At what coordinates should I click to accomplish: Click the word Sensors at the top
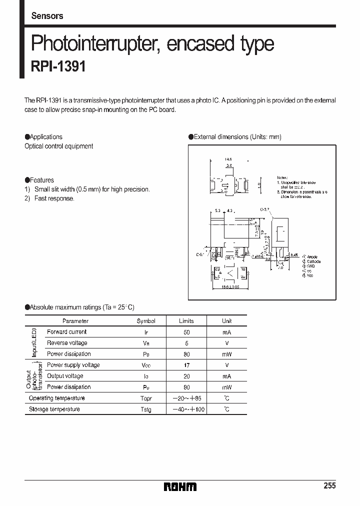click(x=47, y=16)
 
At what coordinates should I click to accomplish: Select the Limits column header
click(x=186, y=321)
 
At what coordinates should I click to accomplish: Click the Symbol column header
click(x=146, y=321)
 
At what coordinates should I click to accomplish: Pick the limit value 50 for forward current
click(x=186, y=332)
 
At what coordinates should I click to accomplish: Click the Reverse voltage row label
click(x=67, y=343)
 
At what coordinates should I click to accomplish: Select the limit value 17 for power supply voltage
click(x=186, y=365)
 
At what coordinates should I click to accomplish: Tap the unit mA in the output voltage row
click(x=227, y=376)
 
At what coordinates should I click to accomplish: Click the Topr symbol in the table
click(x=146, y=398)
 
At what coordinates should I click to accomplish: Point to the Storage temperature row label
click(x=54, y=409)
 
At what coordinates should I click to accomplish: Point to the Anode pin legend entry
click(x=311, y=257)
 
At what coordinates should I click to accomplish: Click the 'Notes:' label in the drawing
click(x=283, y=178)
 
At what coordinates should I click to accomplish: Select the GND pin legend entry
click(x=310, y=266)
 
